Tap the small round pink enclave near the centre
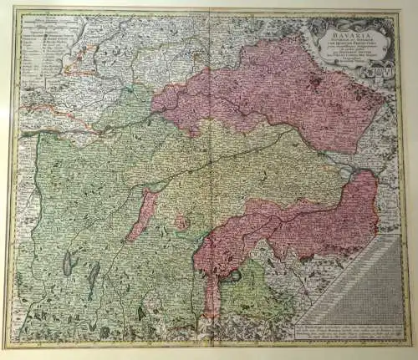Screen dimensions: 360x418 click(179, 221)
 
